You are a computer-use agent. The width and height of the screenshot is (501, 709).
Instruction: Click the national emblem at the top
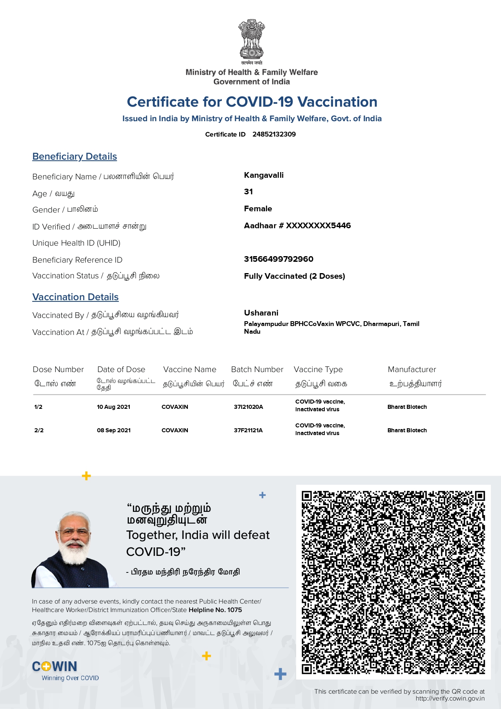(251, 40)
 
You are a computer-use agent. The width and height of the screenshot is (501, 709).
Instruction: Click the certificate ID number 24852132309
(274, 134)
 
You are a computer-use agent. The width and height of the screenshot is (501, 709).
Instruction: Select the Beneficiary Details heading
(75, 156)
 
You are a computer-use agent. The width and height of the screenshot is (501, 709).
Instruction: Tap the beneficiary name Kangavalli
(264, 175)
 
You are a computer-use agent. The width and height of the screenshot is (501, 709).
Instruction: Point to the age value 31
(248, 192)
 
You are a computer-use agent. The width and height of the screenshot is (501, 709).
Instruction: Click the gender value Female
(258, 209)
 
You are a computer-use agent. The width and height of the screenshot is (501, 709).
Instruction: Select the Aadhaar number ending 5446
(297, 225)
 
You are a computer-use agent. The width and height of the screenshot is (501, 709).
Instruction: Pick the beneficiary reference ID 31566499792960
(278, 259)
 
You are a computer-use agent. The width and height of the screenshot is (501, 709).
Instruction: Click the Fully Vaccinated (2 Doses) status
(294, 276)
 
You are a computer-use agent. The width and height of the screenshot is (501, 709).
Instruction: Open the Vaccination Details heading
(76, 297)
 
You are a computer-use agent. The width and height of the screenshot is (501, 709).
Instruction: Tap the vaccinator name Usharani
(261, 313)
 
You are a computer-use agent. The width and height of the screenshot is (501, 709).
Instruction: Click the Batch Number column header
(257, 369)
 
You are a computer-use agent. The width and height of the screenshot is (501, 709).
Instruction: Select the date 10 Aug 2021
(114, 407)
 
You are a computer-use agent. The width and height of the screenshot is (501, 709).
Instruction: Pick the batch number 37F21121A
(248, 430)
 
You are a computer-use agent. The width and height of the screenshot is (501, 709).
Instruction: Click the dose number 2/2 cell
(39, 430)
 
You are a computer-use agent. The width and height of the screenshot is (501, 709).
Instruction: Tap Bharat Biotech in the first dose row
(407, 407)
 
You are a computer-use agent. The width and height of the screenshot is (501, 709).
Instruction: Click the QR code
(393, 582)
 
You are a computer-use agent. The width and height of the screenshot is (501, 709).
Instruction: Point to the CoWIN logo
(55, 667)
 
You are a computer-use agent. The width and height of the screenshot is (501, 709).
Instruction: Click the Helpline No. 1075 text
(215, 610)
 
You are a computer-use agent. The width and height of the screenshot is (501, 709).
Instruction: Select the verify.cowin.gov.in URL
(450, 698)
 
